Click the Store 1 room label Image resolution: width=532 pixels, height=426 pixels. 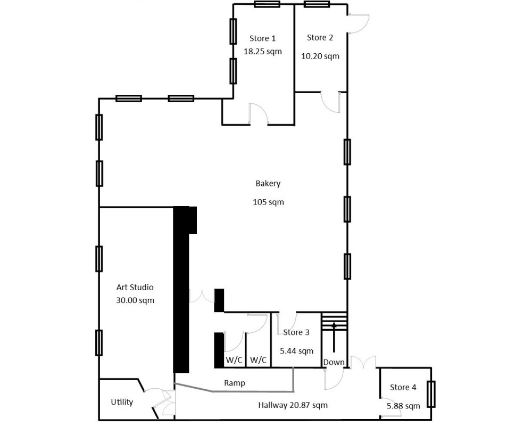(x=263, y=38)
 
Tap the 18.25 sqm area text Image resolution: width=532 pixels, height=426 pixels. (x=263, y=52)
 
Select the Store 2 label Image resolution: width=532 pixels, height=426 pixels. (x=320, y=38)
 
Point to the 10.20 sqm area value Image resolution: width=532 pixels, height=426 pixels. (x=320, y=56)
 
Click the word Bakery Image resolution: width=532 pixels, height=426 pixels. (x=268, y=184)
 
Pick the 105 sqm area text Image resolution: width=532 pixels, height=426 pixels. (x=268, y=202)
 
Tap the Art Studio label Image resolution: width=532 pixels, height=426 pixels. (x=135, y=288)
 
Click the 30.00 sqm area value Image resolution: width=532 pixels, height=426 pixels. (x=135, y=300)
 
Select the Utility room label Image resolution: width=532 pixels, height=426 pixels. (x=122, y=402)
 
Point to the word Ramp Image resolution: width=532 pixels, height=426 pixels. (x=235, y=383)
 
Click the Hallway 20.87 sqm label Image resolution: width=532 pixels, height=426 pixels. (x=293, y=405)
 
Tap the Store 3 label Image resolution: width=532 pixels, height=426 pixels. (x=296, y=332)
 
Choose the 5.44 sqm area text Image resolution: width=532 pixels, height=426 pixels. (x=296, y=351)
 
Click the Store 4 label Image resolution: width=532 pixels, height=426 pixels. (x=403, y=387)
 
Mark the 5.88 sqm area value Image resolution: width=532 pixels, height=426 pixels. (x=403, y=406)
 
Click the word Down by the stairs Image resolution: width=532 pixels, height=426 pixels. (x=334, y=363)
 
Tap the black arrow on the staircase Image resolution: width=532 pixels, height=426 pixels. (x=334, y=337)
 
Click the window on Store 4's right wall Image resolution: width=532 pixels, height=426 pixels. (x=431, y=394)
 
